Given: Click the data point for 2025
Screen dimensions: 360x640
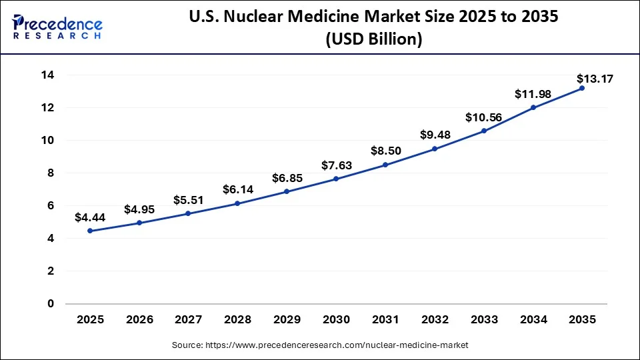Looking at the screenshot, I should tap(90, 231).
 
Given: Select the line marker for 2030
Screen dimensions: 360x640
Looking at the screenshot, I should tap(336, 179).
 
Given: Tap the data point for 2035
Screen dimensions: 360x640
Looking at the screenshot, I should tap(582, 88).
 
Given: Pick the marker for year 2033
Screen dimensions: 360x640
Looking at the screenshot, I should tap(484, 131).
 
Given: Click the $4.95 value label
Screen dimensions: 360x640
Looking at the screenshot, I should tap(139, 209).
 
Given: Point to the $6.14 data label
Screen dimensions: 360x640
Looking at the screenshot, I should tap(238, 190).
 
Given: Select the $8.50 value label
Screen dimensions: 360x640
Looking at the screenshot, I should tap(385, 151).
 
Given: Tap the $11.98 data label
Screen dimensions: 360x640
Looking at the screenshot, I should tap(533, 95).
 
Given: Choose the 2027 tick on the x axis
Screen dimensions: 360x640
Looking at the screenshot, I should tap(189, 320).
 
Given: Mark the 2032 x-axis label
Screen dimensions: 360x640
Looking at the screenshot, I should tap(435, 320).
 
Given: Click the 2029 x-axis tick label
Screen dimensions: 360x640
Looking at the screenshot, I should tap(287, 320).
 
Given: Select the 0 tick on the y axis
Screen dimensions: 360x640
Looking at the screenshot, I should tap(50, 304).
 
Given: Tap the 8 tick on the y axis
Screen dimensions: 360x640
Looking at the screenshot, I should tap(50, 173).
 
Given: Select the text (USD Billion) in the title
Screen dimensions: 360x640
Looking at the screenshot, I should tap(373, 40).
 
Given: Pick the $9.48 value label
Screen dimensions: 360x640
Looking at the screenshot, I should tap(435, 135).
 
